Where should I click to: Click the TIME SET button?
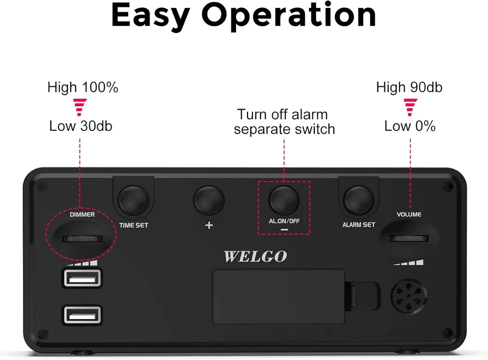pos(134,200)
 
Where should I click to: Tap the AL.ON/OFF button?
pos(284,200)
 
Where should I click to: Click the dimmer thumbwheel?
pos(82,239)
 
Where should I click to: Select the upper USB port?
pos(82,278)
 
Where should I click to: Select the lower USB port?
pos(82,315)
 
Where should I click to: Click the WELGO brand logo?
pos(255,256)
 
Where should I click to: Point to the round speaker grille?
pos(409,296)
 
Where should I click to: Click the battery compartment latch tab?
pos(363,296)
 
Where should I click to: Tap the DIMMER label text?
pos(82,214)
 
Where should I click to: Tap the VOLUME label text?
pos(409,214)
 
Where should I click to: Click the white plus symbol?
pos(209,225)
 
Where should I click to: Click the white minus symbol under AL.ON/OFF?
pos(284,230)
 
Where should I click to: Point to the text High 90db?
pos(409,87)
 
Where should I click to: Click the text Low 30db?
pos(81,126)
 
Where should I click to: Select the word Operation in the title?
pos(289,15)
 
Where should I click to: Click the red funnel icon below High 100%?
pos(80,107)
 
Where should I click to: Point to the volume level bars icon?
pos(408,262)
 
